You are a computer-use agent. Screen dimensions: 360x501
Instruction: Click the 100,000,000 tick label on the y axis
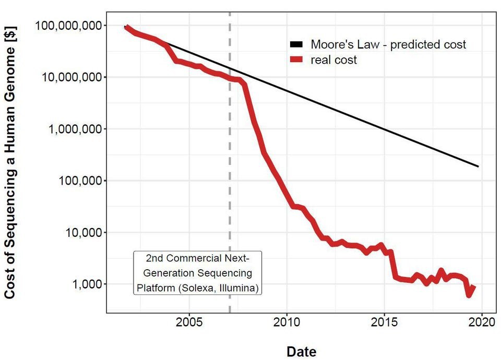[69, 26]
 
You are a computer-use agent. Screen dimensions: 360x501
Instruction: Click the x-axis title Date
[301, 351]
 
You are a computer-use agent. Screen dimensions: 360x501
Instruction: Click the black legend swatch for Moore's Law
[296, 45]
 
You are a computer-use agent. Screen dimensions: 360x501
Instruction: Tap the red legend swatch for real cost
[296, 60]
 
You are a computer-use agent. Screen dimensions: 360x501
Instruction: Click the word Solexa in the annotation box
[196, 287]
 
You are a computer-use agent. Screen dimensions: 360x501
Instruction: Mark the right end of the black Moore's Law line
[478, 166]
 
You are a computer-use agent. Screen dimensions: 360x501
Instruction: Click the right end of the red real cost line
[474, 286]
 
